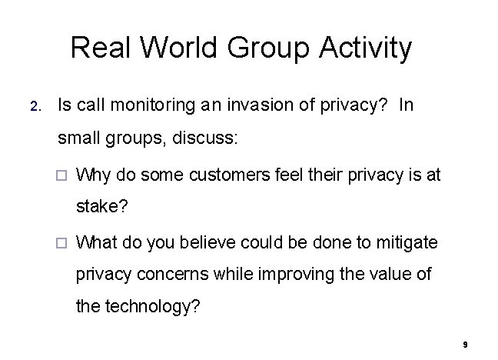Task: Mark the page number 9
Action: coord(466,345)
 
